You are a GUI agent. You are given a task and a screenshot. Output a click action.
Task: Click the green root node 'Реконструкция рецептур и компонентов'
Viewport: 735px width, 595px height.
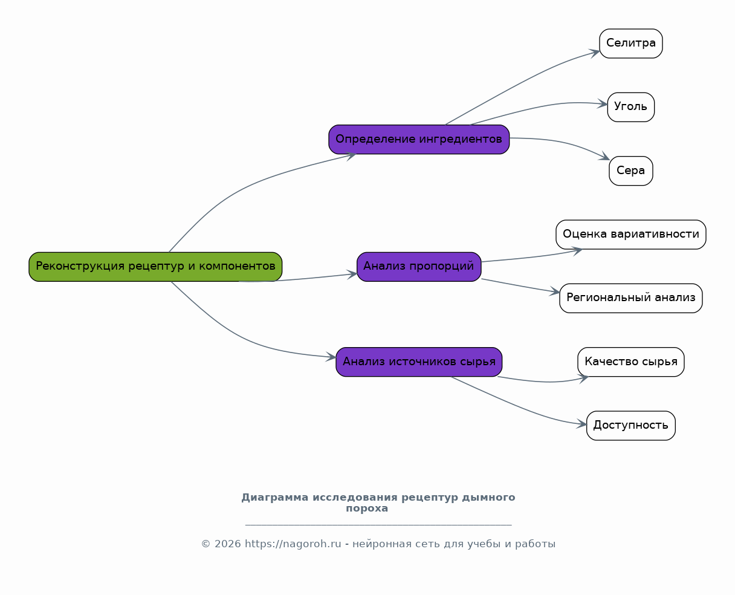[x=155, y=267]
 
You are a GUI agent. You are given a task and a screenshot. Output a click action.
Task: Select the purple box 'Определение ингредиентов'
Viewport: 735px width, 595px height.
[x=419, y=140]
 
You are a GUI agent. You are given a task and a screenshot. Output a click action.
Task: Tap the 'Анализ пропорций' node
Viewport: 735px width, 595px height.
[x=419, y=267]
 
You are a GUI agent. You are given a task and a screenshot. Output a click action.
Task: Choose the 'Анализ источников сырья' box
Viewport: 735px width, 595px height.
[x=419, y=362]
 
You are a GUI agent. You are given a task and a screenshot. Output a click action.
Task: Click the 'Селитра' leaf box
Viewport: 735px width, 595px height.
[x=631, y=44]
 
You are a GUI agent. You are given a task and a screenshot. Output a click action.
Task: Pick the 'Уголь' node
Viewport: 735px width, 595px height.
[x=631, y=107]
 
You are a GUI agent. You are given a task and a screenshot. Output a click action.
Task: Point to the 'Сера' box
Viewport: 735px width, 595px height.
[x=631, y=171]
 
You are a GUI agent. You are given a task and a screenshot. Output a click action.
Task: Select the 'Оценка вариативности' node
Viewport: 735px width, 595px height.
[x=631, y=235]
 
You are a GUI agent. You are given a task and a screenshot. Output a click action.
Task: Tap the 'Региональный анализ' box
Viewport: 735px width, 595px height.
[x=631, y=298]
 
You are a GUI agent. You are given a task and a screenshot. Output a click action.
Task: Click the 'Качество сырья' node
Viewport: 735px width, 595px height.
[x=631, y=362]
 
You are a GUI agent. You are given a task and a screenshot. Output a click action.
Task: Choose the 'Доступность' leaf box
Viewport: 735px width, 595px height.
[x=631, y=426]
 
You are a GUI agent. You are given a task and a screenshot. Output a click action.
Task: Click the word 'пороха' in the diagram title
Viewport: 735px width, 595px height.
[x=367, y=509]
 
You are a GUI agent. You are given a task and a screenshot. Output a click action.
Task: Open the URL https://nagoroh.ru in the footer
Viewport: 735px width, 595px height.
[x=293, y=544]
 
